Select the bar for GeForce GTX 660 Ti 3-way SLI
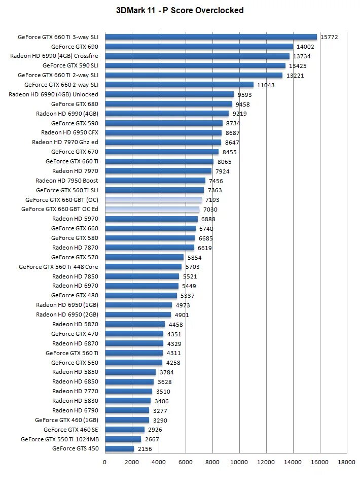click(x=211, y=37)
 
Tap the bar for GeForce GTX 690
click(x=199, y=47)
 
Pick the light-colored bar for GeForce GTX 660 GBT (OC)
click(x=153, y=200)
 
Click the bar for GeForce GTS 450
click(x=119, y=449)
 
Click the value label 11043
click(x=266, y=85)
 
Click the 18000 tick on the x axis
click(x=347, y=462)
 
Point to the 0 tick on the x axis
click(x=105, y=462)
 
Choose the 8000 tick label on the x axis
click(x=212, y=462)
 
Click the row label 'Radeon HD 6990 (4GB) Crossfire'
click(x=54, y=56)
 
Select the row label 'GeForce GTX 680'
click(x=75, y=104)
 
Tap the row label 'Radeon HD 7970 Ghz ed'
click(x=65, y=142)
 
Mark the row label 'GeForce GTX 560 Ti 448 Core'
click(x=58, y=267)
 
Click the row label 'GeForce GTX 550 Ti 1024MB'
click(x=59, y=439)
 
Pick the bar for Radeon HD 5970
click(x=151, y=219)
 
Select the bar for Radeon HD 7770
click(x=128, y=391)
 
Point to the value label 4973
click(x=185, y=305)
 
